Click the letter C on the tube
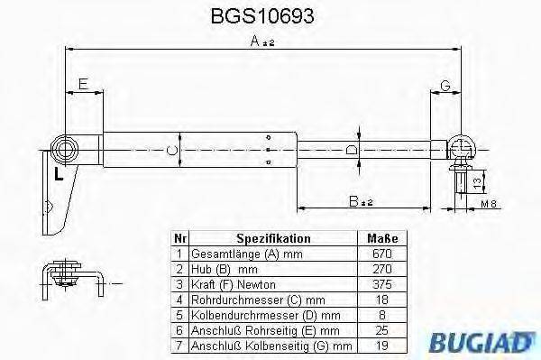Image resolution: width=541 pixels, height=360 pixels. (172, 149)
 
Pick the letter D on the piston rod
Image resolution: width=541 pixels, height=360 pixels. (353, 149)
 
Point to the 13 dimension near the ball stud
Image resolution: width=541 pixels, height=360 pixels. (476, 183)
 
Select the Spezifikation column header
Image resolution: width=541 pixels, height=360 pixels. (273, 239)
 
